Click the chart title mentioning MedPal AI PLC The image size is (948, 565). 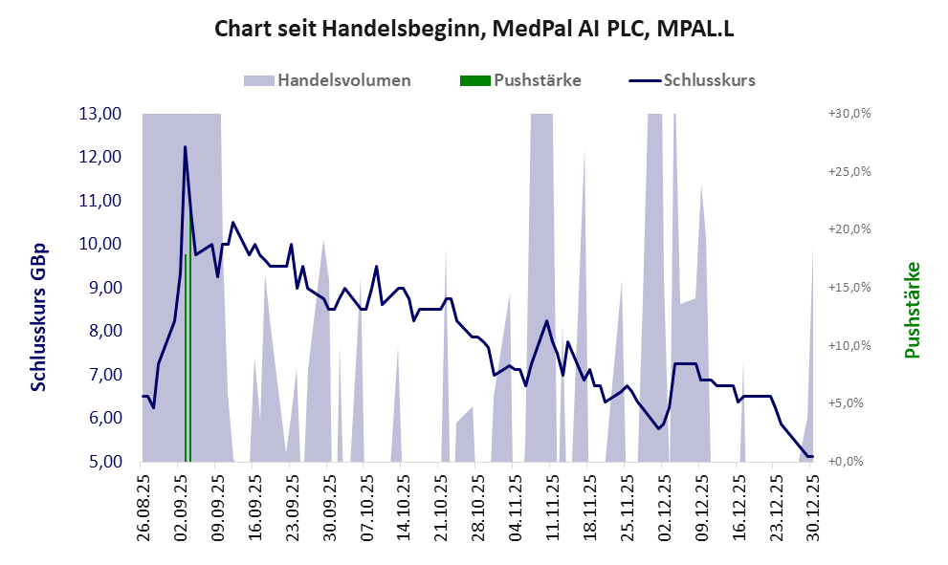point(474,30)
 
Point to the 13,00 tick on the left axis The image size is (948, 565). point(99,114)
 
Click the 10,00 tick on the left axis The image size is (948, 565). point(99,244)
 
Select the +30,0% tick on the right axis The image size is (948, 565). point(849,114)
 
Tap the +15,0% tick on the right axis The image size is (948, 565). point(849,288)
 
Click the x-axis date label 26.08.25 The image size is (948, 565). point(143,503)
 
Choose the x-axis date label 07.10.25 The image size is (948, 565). point(364,503)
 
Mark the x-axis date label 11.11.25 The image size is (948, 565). point(550,503)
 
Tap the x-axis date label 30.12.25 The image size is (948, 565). point(810,503)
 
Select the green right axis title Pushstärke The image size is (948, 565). point(911,310)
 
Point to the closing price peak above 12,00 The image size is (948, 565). point(185,147)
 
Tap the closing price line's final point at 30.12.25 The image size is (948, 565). point(811,456)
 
